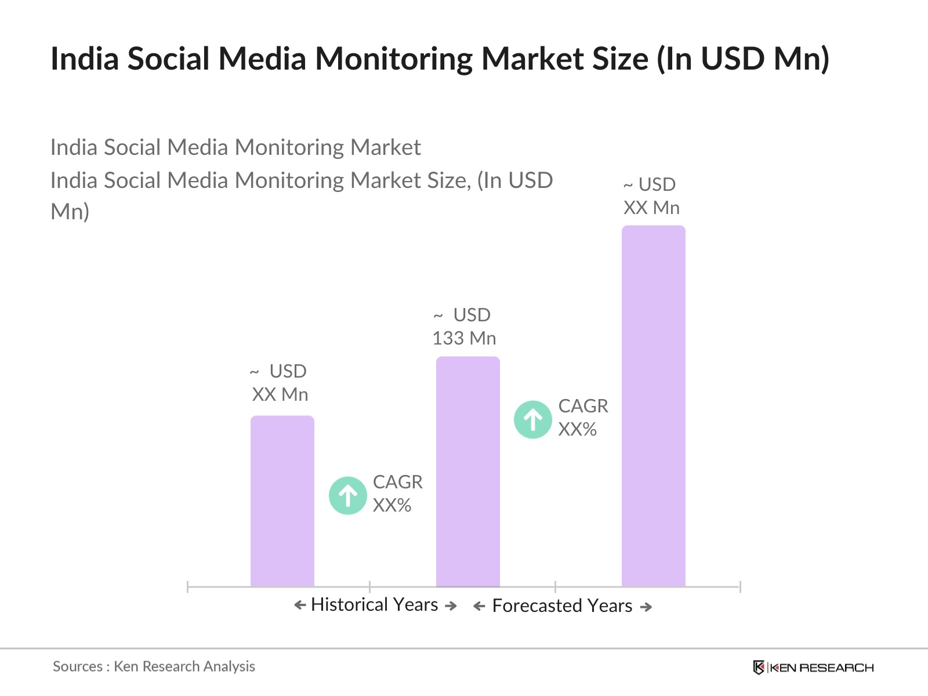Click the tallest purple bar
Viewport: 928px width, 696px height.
click(653, 406)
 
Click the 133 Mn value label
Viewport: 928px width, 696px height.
click(464, 338)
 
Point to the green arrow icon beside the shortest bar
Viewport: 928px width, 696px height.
click(347, 495)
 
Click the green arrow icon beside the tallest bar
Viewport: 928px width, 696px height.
click(532, 419)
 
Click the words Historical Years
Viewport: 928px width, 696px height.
click(374, 604)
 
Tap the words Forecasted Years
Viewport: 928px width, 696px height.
click(562, 606)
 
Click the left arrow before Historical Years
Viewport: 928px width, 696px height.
click(300, 606)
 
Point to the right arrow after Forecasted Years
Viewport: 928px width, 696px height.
click(646, 607)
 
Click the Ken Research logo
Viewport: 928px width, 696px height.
click(813, 668)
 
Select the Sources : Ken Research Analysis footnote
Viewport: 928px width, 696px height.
click(154, 666)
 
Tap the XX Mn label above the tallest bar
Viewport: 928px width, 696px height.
click(651, 208)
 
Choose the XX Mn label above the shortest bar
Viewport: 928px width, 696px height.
click(280, 394)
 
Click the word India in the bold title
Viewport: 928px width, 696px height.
click(85, 59)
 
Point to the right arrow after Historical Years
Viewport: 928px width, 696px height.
click(451, 606)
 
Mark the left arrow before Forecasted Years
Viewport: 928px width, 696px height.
click(479, 607)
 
